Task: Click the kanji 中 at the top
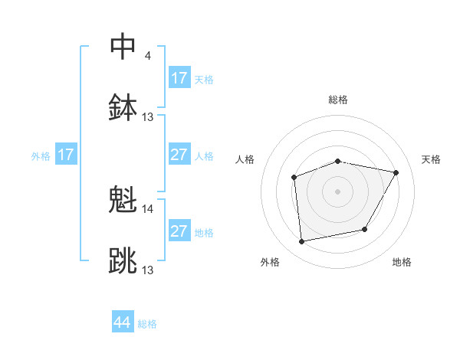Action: coord(123,46)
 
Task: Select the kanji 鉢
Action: coord(123,107)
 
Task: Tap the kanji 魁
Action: coord(123,200)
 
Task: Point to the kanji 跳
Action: coord(123,261)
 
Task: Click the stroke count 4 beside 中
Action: coord(147,55)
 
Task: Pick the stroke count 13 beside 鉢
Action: coord(148,117)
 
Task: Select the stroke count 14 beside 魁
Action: coord(148,209)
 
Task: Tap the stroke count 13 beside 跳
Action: coord(148,270)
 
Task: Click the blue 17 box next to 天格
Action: coord(179,78)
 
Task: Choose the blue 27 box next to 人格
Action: coord(179,155)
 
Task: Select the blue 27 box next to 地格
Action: coord(179,231)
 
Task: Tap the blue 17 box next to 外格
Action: coord(66,155)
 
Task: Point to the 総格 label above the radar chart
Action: coord(338,100)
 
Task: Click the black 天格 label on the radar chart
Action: coord(432,159)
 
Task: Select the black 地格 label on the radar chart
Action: coord(402,262)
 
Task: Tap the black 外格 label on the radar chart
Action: coord(270,262)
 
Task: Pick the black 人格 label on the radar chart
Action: coord(245,159)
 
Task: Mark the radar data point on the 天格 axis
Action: coord(396,173)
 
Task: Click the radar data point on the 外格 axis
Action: coord(302,242)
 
